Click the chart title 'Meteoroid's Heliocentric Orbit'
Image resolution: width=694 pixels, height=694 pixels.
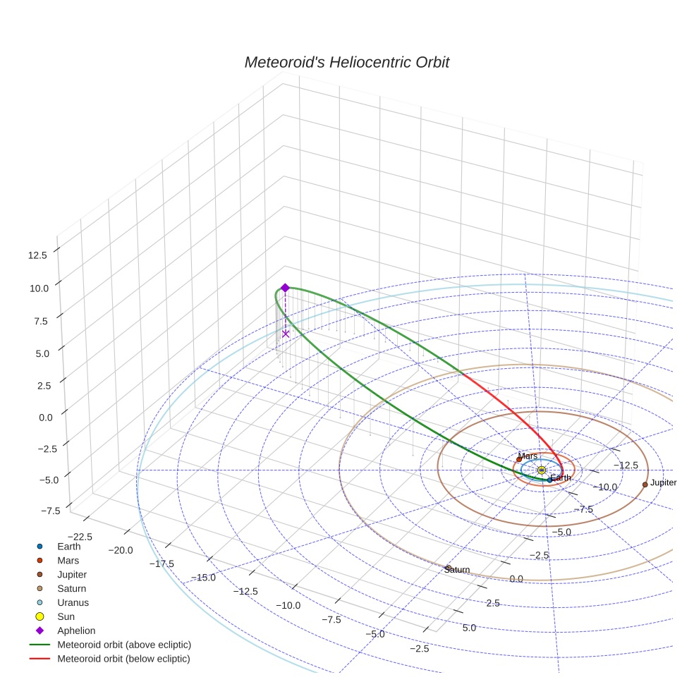pos(346,62)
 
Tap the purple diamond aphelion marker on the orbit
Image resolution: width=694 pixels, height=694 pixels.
pos(285,288)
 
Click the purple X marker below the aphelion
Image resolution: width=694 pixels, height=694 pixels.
pos(286,334)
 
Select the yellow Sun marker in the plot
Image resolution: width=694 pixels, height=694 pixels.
pos(541,470)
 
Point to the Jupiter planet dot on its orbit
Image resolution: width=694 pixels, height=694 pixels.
pos(645,485)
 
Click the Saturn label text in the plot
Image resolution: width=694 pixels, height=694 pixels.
pos(458,570)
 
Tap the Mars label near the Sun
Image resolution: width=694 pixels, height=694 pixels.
pos(528,456)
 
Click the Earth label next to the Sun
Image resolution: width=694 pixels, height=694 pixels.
pos(561,478)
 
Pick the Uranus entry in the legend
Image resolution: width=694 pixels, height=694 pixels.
pos(73,602)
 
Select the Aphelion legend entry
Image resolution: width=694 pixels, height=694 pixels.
pos(75,631)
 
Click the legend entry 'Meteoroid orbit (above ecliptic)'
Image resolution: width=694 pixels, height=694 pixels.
pos(124,645)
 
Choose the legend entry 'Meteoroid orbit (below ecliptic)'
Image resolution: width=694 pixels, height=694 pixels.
pos(123,659)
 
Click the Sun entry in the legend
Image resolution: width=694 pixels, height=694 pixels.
pos(66,616)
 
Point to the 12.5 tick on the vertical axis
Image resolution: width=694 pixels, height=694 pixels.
pos(37,255)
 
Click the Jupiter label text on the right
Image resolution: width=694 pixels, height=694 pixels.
pos(663,482)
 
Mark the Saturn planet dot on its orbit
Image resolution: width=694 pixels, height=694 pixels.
pos(448,567)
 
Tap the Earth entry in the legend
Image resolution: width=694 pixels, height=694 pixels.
pos(68,546)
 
